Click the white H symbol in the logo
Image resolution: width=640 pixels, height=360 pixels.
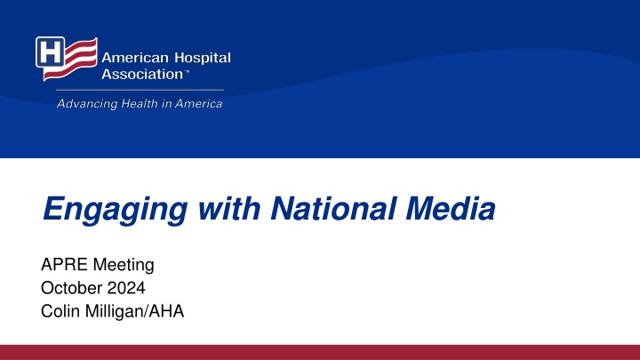[50, 52]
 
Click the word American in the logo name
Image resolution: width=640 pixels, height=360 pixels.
[135, 58]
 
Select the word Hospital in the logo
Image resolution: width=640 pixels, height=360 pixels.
[203, 59]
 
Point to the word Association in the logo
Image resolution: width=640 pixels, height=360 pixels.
[142, 75]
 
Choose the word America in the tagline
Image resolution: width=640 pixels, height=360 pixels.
[199, 104]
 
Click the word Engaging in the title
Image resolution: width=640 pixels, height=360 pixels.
[115, 210]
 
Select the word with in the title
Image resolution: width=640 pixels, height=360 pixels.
[229, 208]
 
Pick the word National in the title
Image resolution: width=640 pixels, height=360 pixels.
[333, 208]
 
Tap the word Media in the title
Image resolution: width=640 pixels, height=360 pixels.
[451, 208]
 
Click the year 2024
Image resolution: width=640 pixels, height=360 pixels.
[125, 288]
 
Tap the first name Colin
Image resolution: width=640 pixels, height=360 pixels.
[60, 311]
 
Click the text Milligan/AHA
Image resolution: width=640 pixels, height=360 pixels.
[134, 311]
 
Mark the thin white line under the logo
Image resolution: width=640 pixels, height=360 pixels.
[140, 90]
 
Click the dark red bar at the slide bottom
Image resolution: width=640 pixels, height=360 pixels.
[320, 352]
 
